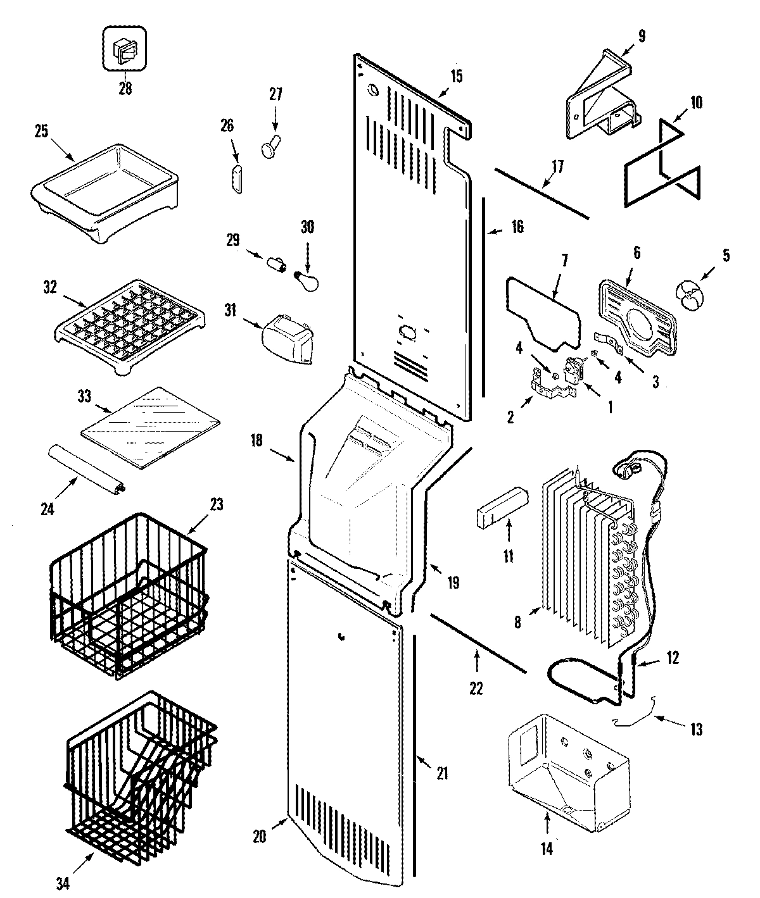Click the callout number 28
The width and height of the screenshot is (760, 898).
coord(125,89)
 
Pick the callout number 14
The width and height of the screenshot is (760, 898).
coord(547,849)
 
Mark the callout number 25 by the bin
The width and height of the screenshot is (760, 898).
coord(42,131)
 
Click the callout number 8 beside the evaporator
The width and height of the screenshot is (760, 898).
coord(518,622)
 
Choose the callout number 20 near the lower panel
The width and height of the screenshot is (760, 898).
coord(260,836)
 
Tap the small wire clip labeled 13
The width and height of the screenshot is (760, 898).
coord(634,718)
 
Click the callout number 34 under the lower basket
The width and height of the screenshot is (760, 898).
coord(62,884)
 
